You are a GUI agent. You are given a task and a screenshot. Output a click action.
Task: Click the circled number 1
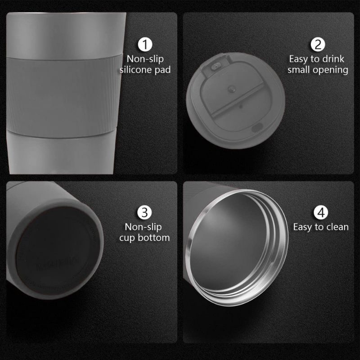[144, 45]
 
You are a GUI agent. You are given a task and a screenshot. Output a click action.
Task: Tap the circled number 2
[318, 45]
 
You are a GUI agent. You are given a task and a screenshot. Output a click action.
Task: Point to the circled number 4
[320, 212]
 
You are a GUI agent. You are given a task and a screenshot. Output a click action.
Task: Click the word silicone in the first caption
[135, 70]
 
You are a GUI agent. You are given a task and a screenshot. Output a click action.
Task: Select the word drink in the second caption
[333, 58]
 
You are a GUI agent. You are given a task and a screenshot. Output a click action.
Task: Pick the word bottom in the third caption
[156, 238]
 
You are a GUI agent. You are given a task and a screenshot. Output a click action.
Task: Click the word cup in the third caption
[129, 238]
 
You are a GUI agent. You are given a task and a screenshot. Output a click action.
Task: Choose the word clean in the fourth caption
[337, 227]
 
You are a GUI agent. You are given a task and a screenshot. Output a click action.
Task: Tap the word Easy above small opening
[298, 58]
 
